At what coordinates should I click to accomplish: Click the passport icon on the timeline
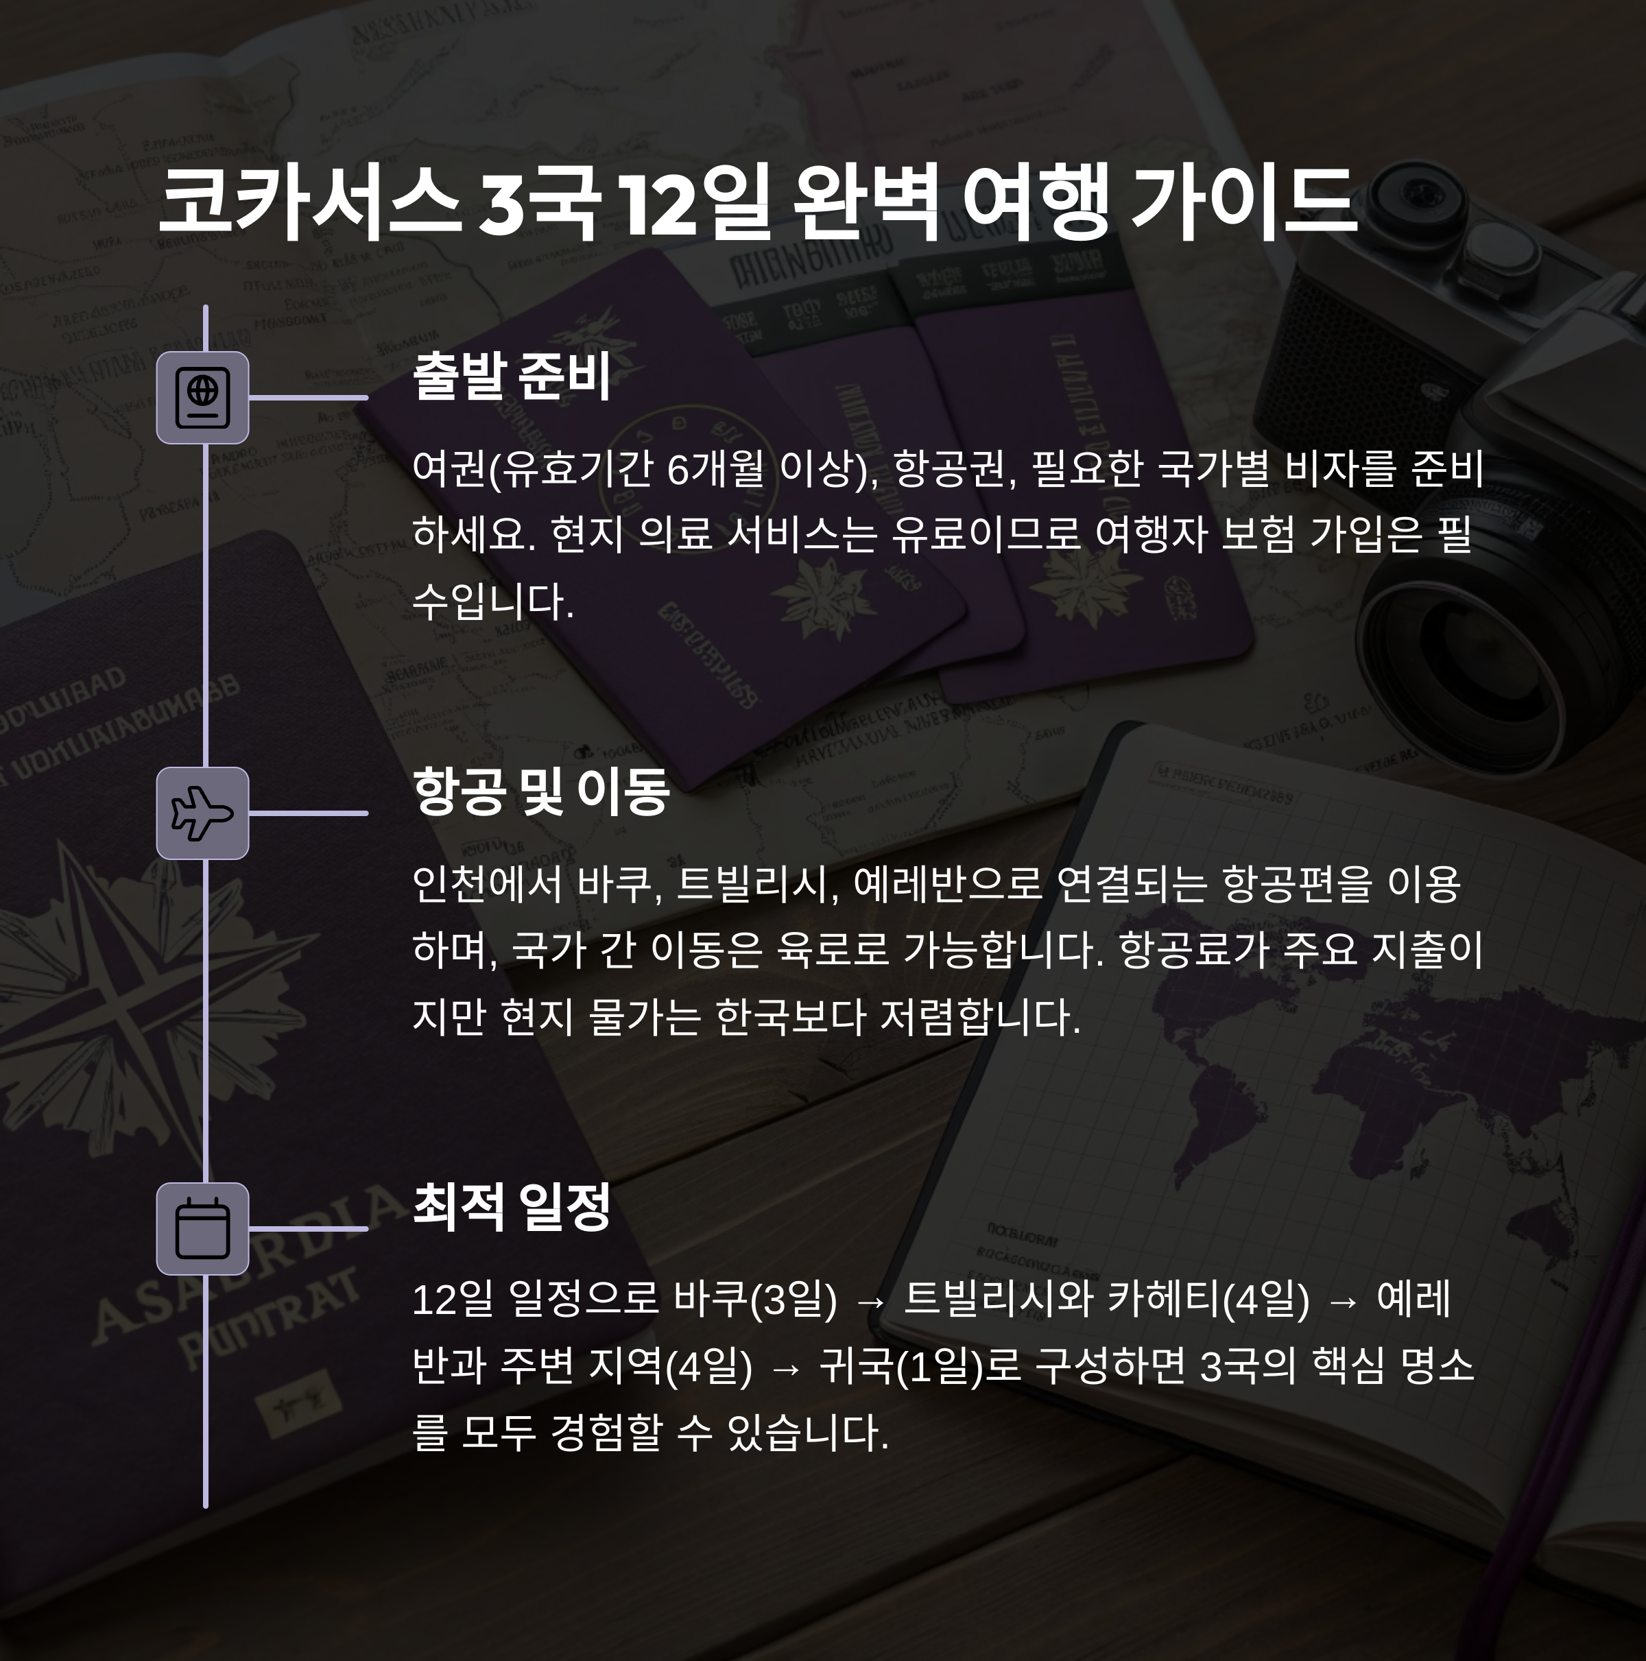pos(202,398)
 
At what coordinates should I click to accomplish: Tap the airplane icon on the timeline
pos(202,813)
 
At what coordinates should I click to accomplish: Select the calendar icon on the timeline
pos(202,1228)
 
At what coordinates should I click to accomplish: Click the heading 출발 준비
pos(512,377)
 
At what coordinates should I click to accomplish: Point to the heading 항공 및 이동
pos(541,792)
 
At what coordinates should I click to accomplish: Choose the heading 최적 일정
pos(512,1207)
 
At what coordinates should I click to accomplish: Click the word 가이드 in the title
pos(1243,203)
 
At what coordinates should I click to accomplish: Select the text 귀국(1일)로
pos(920,1366)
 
